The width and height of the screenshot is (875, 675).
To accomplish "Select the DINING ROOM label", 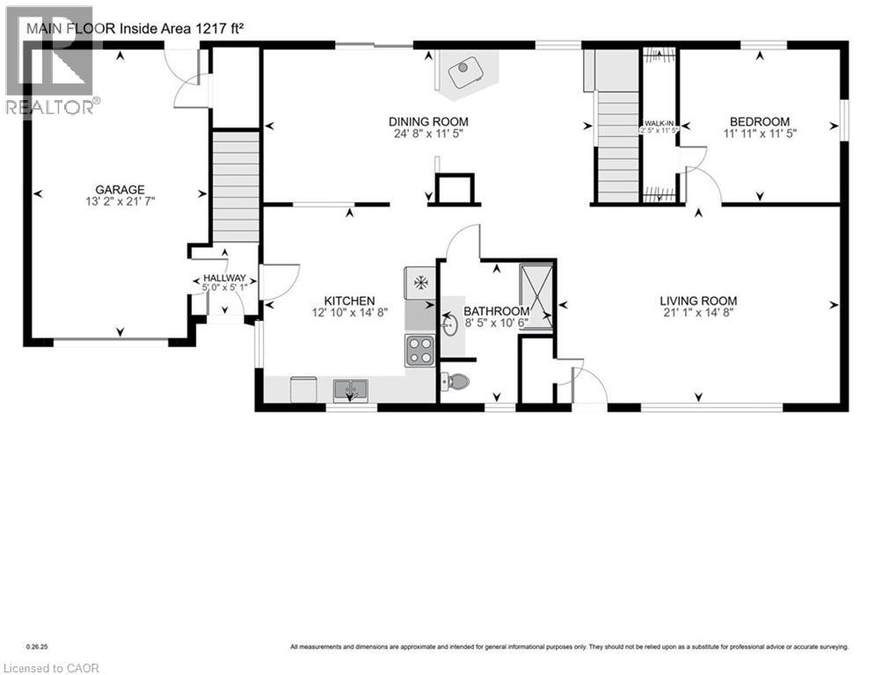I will click(x=428, y=121).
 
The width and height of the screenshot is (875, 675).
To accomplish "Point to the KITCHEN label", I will click(x=349, y=301).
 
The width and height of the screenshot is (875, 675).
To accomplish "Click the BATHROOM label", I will click(x=496, y=311).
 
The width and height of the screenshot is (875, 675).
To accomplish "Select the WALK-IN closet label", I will click(x=659, y=122).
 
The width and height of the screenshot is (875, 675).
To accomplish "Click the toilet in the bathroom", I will click(x=455, y=381).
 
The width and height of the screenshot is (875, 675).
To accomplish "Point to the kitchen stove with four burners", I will click(x=419, y=350).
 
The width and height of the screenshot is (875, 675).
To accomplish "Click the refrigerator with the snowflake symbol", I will click(x=420, y=283).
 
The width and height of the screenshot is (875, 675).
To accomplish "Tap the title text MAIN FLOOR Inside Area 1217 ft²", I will click(x=134, y=28).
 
